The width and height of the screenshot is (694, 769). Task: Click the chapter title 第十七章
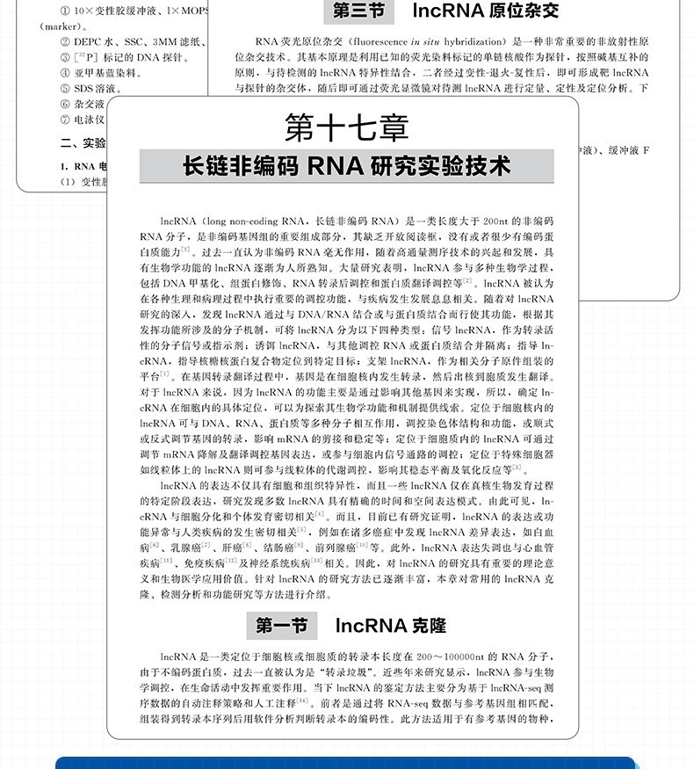tap(347, 128)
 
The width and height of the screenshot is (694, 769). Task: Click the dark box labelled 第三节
tap(351, 12)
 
